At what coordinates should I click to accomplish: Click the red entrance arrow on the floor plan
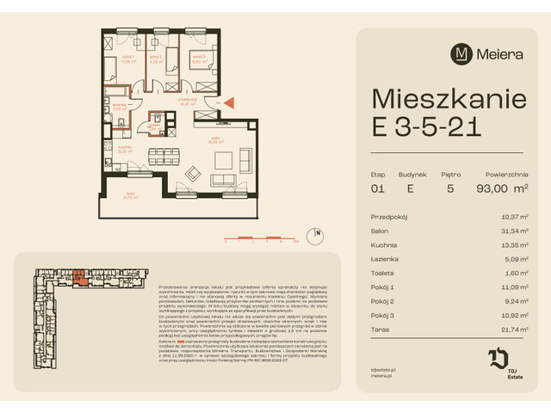[231, 103]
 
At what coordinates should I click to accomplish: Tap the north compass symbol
[318, 232]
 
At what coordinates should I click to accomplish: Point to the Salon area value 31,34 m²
[515, 230]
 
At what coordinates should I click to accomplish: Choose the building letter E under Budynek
[410, 188]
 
